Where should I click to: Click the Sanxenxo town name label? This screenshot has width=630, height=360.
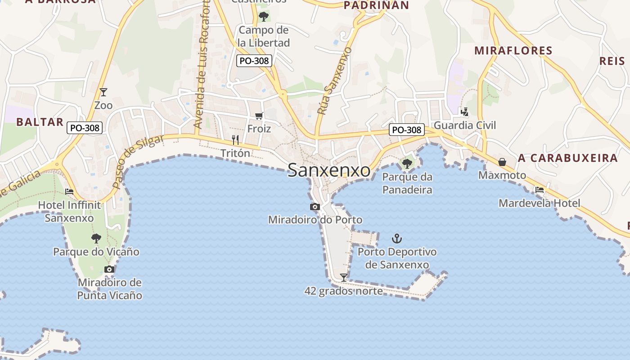329,171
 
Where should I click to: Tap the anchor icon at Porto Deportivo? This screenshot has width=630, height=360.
396,238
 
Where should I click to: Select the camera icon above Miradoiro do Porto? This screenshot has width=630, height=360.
315,207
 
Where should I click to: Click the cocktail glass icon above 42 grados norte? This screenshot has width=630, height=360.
344,277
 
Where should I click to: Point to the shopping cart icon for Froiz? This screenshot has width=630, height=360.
259,116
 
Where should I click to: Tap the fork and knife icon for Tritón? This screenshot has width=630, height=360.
235,140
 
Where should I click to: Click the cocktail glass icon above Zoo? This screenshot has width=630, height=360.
103,92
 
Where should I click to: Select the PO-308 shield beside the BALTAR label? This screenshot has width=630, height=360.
85,128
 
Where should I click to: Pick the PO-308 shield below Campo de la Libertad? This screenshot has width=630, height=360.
255,61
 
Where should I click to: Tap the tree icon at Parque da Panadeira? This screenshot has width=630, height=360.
407,163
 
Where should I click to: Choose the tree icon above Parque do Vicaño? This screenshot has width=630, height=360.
96,238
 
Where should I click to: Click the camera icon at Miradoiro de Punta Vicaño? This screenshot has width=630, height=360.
109,269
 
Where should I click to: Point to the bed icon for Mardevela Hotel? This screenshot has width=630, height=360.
540,190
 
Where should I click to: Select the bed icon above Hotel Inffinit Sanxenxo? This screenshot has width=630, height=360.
69,192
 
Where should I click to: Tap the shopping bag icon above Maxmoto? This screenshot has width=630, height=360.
502,162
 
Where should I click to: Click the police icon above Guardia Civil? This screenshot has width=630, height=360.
464,112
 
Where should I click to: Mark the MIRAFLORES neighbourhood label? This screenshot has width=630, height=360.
513,50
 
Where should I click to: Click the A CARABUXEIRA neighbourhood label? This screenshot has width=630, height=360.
567,158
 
